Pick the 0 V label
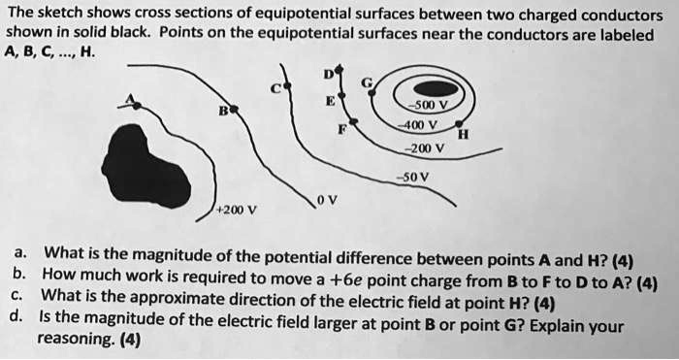point(327,201)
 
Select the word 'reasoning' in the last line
point(69,339)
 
